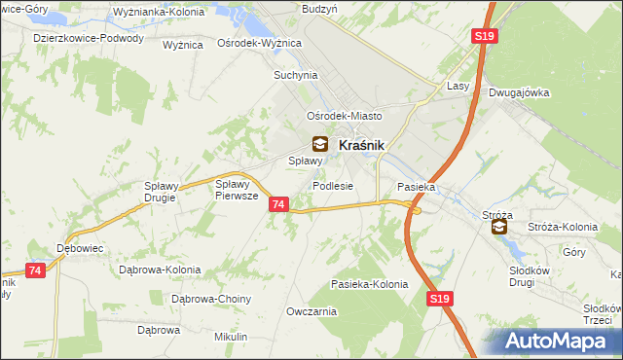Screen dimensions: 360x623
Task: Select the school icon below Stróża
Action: (x=498, y=227)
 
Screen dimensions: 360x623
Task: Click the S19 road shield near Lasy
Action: (x=486, y=36)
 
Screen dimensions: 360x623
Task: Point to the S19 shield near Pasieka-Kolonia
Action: (x=440, y=303)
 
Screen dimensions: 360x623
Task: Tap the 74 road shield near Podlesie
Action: (x=279, y=204)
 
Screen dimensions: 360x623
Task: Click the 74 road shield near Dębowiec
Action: (x=36, y=270)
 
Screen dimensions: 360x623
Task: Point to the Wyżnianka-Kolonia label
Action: (x=151, y=13)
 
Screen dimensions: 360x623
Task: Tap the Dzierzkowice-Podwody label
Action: (x=88, y=39)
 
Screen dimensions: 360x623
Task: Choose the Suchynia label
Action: (x=296, y=74)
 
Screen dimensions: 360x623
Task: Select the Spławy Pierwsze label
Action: (x=236, y=189)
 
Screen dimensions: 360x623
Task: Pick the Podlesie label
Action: (x=332, y=186)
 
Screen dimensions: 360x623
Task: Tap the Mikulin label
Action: (x=230, y=337)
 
